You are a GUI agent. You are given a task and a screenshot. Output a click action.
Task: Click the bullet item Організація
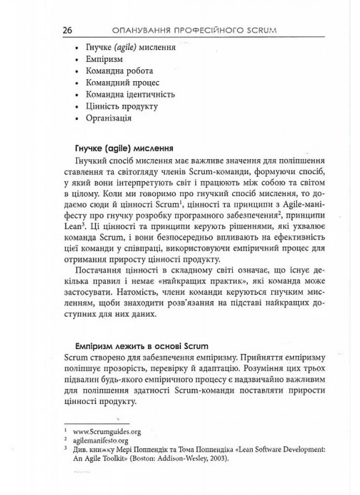[108, 118]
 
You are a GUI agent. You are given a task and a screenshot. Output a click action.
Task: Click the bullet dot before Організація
[76, 119]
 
